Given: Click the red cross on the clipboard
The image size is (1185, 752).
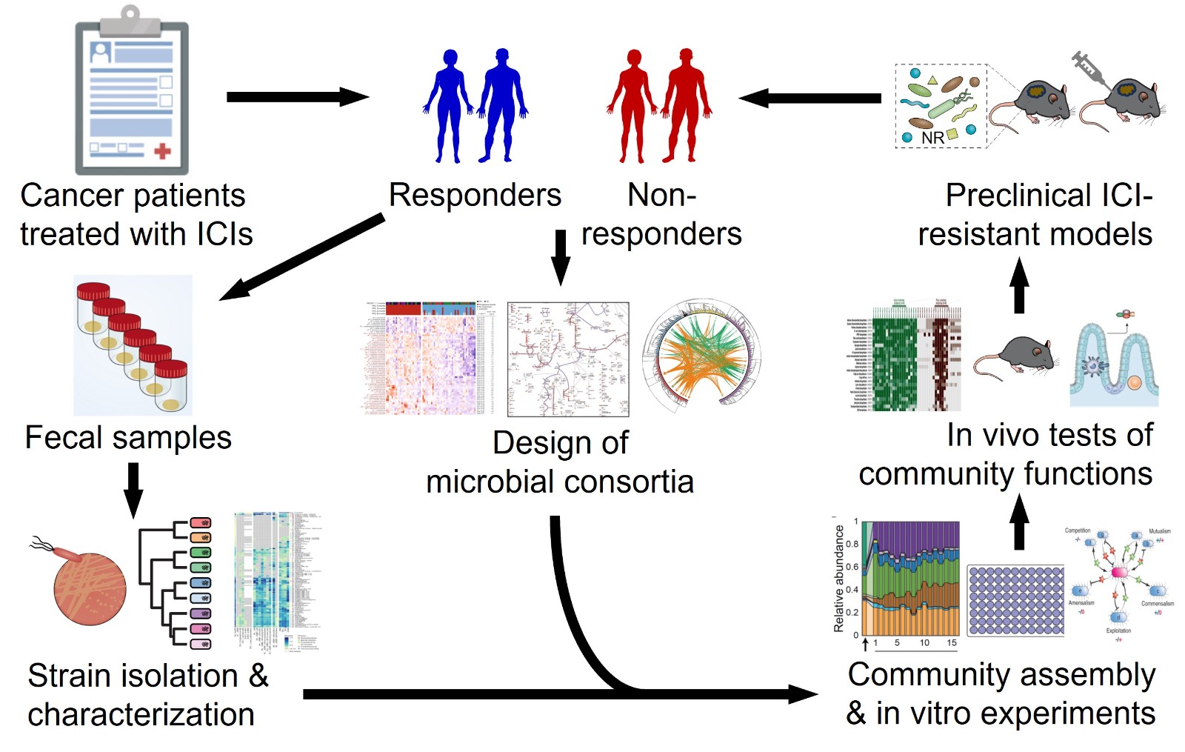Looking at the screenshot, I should [x=162, y=151].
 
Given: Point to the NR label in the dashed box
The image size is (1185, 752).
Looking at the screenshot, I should [x=932, y=138].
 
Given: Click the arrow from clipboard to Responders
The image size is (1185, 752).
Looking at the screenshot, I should [x=296, y=97].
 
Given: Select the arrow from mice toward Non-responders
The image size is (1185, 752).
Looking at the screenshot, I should [x=810, y=98].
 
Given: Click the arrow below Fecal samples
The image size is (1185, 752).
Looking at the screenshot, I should [x=133, y=490].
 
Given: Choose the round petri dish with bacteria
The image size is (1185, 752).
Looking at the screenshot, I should [x=90, y=589].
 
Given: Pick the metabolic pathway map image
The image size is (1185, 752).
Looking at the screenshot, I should [x=568, y=359].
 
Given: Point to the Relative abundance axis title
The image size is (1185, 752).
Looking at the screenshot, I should [x=839, y=578].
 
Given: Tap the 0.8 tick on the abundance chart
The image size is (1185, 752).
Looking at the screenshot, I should [x=852, y=545].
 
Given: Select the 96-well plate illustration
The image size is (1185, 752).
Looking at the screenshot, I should [x=1015, y=600].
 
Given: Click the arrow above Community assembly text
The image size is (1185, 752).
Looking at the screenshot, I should [x=1019, y=522].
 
